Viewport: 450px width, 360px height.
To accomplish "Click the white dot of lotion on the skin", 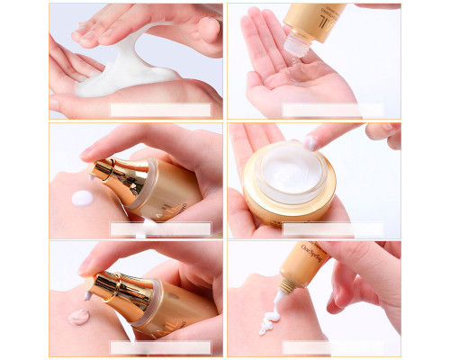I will click(x=82, y=198).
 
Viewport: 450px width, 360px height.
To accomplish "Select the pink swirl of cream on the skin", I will click(x=78, y=316).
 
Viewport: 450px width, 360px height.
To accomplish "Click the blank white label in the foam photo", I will click(x=160, y=110).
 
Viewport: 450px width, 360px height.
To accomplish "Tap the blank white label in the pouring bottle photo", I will click(x=333, y=110).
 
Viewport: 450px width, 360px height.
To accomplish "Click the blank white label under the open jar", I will click(x=333, y=229).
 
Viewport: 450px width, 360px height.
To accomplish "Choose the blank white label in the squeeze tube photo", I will click(x=333, y=347).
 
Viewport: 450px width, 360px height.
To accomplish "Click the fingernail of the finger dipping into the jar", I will click(x=310, y=142).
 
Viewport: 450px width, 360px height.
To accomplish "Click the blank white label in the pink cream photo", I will click(x=160, y=347).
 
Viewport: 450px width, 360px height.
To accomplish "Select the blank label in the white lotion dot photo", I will click(x=160, y=229).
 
